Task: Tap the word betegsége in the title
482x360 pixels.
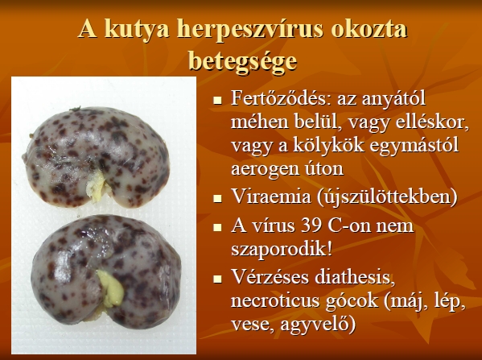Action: point(242,61)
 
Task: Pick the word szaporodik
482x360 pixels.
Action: point(282,250)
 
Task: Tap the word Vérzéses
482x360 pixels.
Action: point(271,276)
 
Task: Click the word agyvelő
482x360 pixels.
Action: point(318,325)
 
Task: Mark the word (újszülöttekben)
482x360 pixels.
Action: point(387,197)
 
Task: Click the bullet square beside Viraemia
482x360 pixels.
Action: point(217,197)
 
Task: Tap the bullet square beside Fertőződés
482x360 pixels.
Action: point(217,100)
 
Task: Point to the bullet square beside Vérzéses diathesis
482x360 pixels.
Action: point(217,279)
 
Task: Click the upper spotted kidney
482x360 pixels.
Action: point(96,157)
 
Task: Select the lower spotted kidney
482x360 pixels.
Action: point(106,269)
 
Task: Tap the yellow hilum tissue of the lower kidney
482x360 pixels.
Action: point(111,288)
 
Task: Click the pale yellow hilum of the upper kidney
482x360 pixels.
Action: point(96,186)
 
